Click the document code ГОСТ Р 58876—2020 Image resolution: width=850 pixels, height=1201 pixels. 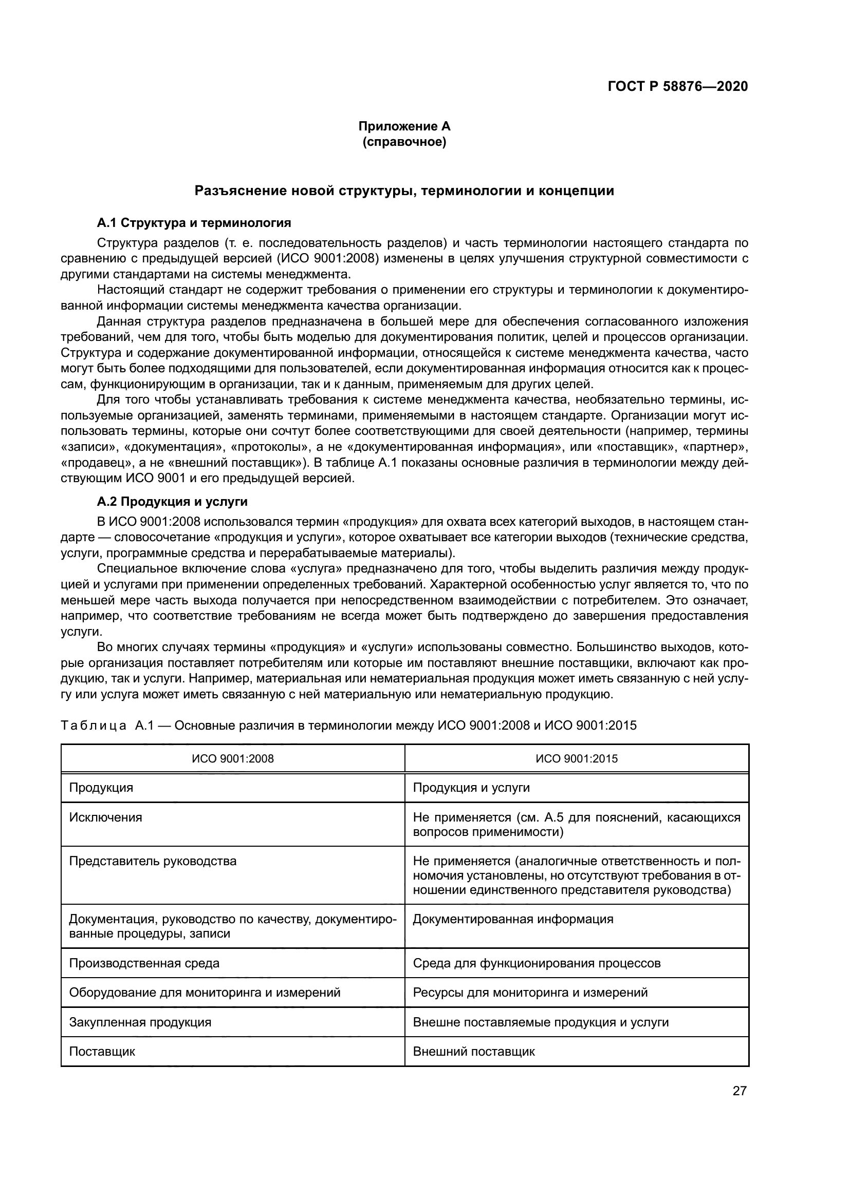pyautogui.click(x=677, y=86)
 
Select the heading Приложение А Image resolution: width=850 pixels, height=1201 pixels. pyautogui.click(x=404, y=126)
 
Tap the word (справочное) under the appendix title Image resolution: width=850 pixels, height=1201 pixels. pyautogui.click(x=404, y=142)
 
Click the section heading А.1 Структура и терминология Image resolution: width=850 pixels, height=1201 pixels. pyautogui.click(x=194, y=223)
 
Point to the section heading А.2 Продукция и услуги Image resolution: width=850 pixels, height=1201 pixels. pyautogui.click(x=172, y=502)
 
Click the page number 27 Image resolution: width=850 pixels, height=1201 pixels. pyautogui.click(x=740, y=1091)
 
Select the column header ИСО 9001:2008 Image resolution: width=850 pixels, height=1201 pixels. pyautogui.click(x=233, y=758)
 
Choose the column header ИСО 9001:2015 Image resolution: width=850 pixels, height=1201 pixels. pyautogui.click(x=576, y=758)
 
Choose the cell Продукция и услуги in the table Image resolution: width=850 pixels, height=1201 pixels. pyautogui.click(x=471, y=788)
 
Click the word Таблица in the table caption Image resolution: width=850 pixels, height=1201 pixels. pyautogui.click(x=94, y=726)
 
